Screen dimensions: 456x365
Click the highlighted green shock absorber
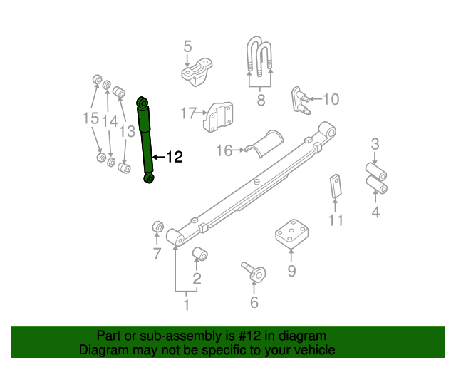[145, 140]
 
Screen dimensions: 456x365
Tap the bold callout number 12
[174, 157]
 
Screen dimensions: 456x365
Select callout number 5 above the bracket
[188, 46]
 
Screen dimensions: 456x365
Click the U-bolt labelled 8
[259, 56]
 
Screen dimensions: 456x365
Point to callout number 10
[331, 99]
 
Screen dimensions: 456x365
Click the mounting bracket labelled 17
[218, 117]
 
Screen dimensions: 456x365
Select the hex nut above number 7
[158, 226]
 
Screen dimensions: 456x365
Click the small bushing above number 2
[200, 253]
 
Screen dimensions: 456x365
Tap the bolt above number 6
[254, 272]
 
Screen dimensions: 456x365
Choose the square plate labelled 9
[291, 234]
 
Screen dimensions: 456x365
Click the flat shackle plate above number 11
[336, 186]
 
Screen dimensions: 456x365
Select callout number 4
[375, 212]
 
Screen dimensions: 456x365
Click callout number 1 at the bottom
[187, 304]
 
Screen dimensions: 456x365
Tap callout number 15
[90, 118]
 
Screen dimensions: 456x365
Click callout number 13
[128, 131]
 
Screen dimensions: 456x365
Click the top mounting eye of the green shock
[142, 103]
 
